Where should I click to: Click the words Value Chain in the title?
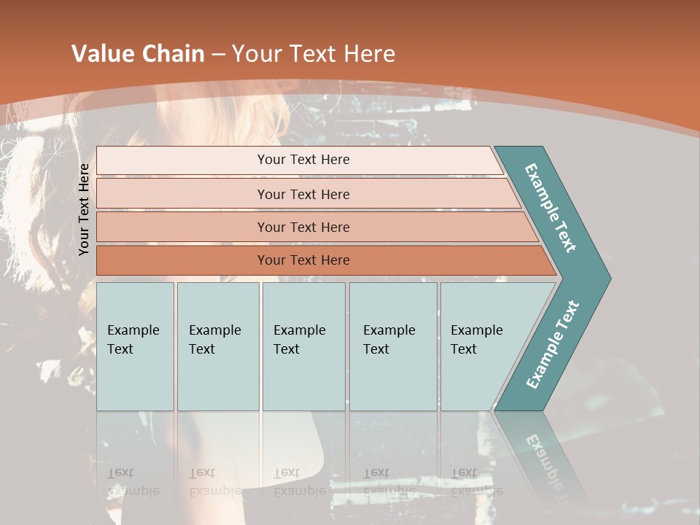coord(138,54)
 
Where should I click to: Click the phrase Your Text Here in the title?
coord(314,54)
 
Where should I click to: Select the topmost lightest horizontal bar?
coord(182,160)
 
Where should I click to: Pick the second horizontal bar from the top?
coord(182,194)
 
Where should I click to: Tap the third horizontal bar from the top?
coord(182,227)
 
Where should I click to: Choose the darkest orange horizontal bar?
coord(182,260)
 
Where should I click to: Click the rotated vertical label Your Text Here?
coord(85,209)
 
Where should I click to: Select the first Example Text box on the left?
coord(135,346)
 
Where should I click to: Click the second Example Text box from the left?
coord(218,346)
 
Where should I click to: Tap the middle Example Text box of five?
coord(303,346)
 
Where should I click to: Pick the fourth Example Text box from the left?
coord(393,346)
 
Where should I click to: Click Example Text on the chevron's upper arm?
coord(551,208)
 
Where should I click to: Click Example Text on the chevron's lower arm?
coord(553,344)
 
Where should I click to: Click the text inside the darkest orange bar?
coord(303,260)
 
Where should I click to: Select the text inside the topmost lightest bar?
coord(303,160)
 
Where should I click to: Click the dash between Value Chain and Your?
coord(218,55)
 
